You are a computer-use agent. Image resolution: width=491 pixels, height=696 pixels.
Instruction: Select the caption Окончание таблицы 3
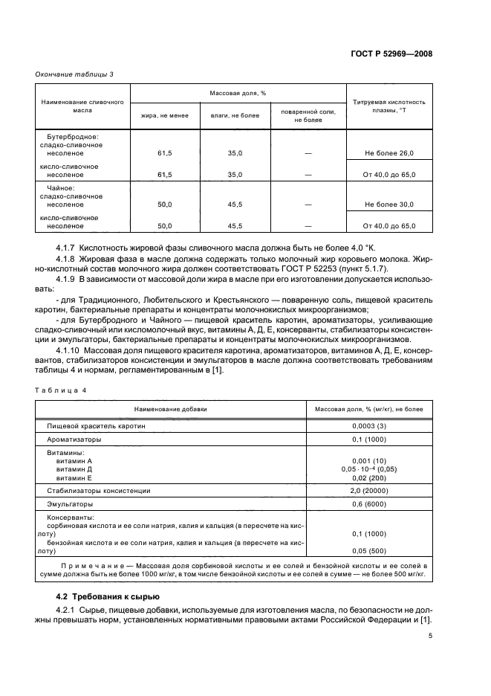(74, 74)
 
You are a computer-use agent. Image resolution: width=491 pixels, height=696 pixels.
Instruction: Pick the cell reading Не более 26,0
(388, 152)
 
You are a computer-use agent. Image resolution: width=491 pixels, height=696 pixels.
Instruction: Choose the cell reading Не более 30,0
(388, 204)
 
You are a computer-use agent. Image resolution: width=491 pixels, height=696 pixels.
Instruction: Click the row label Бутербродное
(72, 137)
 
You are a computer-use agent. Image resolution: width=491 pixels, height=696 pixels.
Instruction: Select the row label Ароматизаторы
(73, 439)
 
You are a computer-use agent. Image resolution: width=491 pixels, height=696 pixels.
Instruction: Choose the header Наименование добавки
(171, 409)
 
